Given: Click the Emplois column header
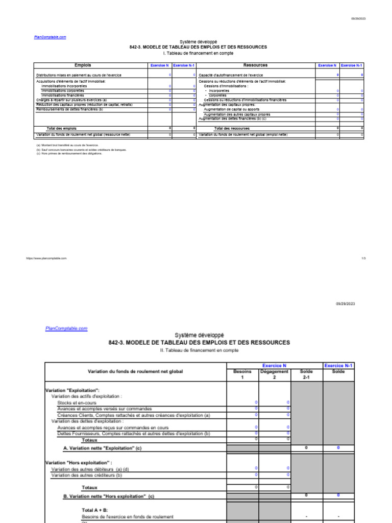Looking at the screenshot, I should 83,65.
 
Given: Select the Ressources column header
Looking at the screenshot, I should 255,65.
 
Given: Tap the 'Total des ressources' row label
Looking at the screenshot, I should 232,128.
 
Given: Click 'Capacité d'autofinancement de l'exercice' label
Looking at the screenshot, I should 231,75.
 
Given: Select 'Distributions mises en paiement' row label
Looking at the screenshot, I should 79,75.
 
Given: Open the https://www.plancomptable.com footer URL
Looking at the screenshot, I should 46,258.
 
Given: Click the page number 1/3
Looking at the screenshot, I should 363,258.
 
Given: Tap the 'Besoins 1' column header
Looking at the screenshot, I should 242,374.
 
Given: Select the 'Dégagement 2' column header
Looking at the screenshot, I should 274,374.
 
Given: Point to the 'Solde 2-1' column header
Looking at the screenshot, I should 306,374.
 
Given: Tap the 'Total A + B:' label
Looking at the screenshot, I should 95,510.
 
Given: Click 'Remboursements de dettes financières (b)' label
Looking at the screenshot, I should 69,109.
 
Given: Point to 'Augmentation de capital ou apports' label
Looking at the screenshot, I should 231,109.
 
